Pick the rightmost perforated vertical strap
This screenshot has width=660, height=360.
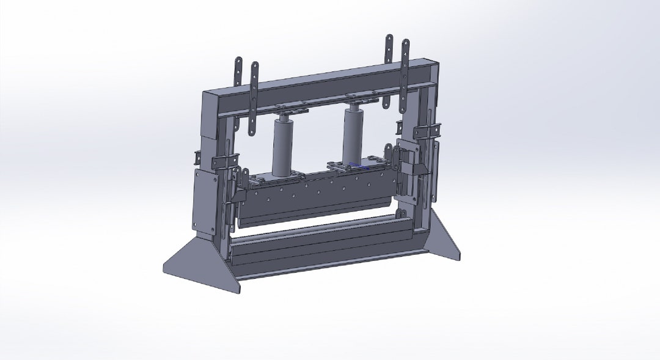click(405, 73)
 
